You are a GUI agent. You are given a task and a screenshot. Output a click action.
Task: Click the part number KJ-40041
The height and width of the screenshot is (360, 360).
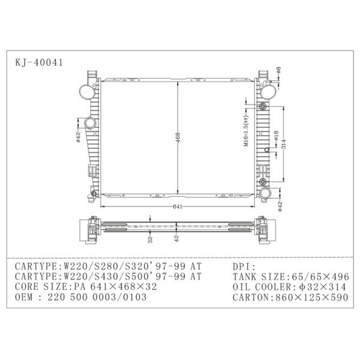tap(39, 62)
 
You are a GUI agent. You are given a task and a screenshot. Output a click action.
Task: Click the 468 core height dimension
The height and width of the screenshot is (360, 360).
tap(178, 137)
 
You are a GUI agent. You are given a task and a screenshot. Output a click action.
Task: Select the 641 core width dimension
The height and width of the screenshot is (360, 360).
tap(178, 206)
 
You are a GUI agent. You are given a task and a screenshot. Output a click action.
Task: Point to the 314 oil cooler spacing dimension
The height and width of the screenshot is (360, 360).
tap(284, 144)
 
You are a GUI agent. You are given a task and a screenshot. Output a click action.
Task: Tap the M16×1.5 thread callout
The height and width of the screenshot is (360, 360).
tap(246, 131)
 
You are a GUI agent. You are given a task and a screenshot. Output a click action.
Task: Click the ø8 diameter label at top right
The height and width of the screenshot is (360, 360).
tap(278, 70)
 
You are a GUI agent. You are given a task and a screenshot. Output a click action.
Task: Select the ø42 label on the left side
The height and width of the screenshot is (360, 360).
tap(78, 137)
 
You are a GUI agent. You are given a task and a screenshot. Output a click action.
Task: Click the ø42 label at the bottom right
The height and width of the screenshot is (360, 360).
tap(280, 206)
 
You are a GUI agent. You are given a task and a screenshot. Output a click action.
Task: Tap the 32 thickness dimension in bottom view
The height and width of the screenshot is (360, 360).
tap(150, 239)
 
